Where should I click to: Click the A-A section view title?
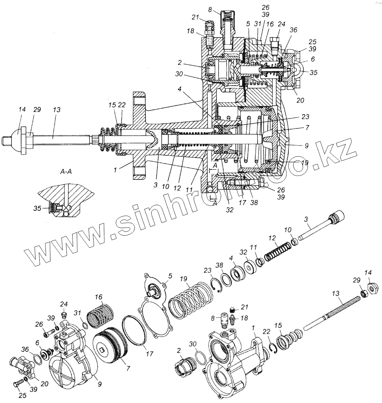tap(66, 172)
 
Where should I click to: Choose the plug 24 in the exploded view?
tap(65, 315)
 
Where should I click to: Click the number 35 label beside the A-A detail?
tap(38, 209)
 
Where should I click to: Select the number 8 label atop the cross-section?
tap(220, 10)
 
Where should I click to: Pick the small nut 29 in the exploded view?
tap(363, 294)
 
